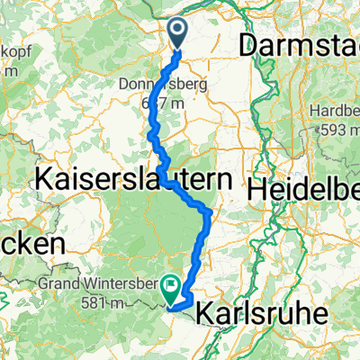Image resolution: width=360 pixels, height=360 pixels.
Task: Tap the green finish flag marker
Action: pos(170,290)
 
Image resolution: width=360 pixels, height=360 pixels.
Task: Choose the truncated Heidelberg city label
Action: pos(303,190)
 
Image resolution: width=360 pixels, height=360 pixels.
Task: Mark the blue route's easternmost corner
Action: pos(211,213)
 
